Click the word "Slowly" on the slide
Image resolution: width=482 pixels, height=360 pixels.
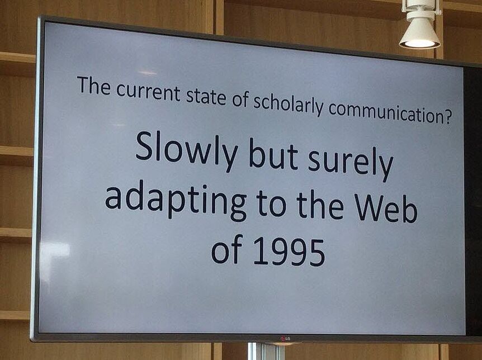pyautogui.click(x=186, y=150)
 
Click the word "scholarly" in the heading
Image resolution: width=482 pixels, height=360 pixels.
pyautogui.click(x=288, y=104)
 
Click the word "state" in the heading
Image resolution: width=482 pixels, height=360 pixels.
pyautogui.click(x=206, y=96)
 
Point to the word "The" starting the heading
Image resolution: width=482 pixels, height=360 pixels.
pyautogui.click(x=94, y=85)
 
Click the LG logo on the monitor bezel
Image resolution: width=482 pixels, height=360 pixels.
pyautogui.click(x=285, y=339)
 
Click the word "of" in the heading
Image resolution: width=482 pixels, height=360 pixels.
pyautogui.click(x=240, y=99)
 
